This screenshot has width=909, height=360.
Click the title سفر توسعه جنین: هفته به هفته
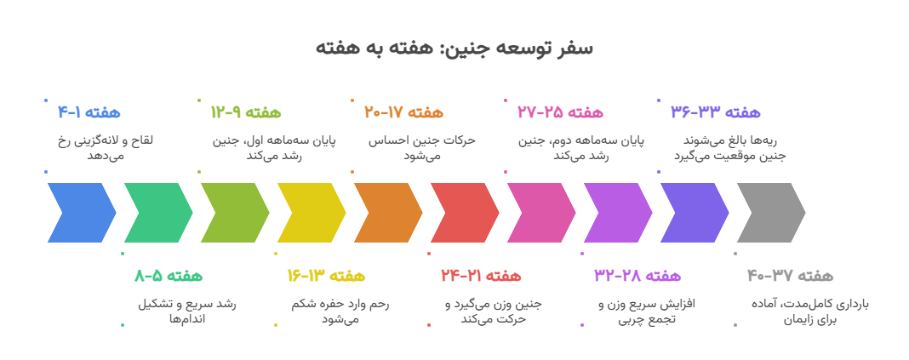click(x=454, y=48)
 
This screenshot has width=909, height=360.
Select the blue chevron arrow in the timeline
click(x=81, y=213)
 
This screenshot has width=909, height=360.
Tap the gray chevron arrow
click(x=770, y=213)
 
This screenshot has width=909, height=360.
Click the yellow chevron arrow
click(x=311, y=213)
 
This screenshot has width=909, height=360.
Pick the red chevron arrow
click(x=464, y=213)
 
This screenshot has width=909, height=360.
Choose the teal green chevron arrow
click(x=157, y=213)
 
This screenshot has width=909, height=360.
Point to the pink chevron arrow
click(x=540, y=213)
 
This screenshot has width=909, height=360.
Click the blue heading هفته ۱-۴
click(x=89, y=112)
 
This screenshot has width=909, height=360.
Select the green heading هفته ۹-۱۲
click(x=246, y=112)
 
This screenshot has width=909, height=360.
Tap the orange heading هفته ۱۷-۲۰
click(x=404, y=112)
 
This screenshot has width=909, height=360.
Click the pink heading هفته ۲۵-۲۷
click(x=559, y=112)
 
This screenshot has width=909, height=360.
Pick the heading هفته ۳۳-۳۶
click(x=715, y=112)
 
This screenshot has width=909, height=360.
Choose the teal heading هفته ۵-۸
click(x=169, y=276)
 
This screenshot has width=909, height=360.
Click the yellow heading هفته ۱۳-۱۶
click(x=325, y=276)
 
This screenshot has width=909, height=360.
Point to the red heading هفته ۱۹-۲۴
click(x=481, y=276)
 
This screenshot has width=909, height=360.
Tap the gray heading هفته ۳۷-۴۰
click(x=790, y=276)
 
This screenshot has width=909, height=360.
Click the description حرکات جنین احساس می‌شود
click(x=421, y=147)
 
